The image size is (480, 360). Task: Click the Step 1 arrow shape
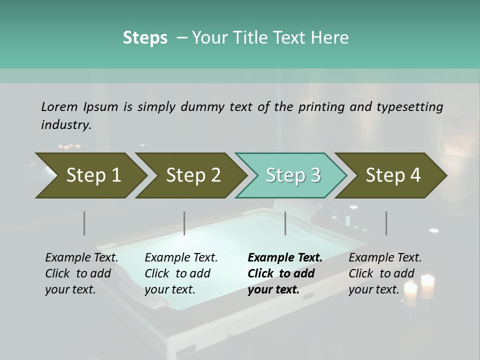coord(90,175)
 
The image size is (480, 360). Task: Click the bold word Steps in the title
coord(145,38)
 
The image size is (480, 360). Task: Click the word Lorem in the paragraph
coord(59,106)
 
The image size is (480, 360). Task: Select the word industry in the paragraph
coord(66,125)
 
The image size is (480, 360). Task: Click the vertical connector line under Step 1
coord(84,223)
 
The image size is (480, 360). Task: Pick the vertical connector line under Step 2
coord(184,223)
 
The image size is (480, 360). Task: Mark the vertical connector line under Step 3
coord(285,223)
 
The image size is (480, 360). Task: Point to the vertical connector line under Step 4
coord(386,223)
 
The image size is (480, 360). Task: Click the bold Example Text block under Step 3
coord(285,273)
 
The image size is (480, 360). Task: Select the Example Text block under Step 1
coord(81,273)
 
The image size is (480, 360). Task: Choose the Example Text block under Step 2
coord(181,273)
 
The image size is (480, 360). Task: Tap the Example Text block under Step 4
coord(385,273)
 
